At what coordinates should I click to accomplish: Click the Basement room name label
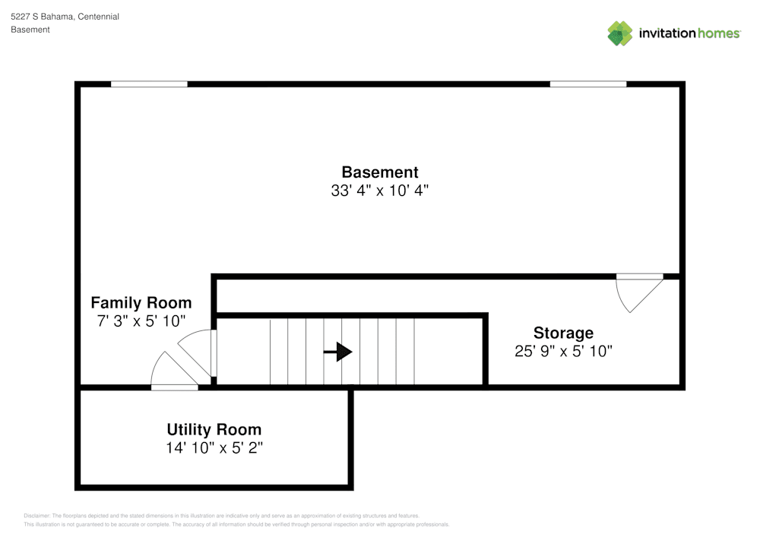click(380, 172)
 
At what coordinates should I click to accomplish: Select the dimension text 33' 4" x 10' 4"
click(380, 191)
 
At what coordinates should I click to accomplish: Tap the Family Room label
click(141, 303)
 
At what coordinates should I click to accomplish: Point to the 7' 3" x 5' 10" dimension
click(141, 321)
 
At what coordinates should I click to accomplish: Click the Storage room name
click(563, 333)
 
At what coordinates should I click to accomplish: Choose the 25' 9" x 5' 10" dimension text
click(563, 351)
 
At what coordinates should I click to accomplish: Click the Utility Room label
click(214, 430)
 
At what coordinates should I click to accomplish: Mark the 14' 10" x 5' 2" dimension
click(214, 448)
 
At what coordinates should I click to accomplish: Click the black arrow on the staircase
click(338, 352)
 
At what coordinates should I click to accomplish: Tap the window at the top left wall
click(149, 84)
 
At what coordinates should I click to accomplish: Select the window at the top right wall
click(588, 84)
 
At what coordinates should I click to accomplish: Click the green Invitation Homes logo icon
click(620, 33)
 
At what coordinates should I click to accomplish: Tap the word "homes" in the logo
click(718, 33)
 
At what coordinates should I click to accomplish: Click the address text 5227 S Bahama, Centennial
click(65, 17)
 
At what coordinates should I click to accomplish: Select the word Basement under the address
click(30, 30)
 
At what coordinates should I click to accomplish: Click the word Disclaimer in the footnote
click(36, 516)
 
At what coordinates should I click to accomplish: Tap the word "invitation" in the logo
click(667, 33)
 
